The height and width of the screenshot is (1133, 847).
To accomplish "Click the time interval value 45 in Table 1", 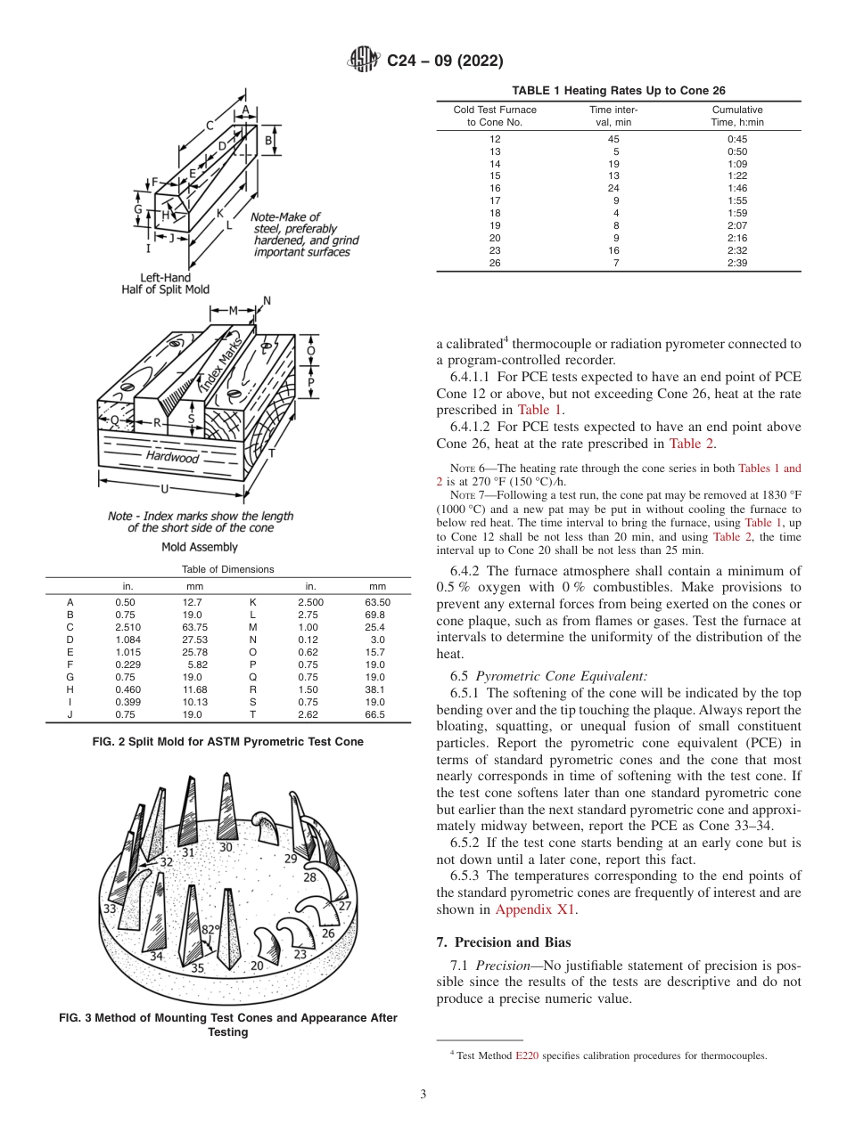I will [x=613, y=138].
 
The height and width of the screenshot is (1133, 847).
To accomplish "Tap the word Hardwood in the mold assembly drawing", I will [x=173, y=457].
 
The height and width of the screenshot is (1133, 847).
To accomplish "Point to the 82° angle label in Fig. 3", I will [x=210, y=929].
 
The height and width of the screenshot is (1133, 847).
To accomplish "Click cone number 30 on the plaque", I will [x=226, y=847].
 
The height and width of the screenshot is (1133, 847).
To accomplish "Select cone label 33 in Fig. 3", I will [x=110, y=909].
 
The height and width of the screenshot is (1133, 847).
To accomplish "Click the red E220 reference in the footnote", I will [x=527, y=1056].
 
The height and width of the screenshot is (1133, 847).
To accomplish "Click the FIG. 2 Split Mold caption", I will [x=228, y=741].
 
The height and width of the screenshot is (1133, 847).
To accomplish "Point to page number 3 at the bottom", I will [x=423, y=1095].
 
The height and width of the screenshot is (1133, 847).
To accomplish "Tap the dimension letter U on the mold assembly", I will [x=165, y=488].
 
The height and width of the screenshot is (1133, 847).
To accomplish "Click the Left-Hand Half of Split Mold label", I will [x=166, y=283].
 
